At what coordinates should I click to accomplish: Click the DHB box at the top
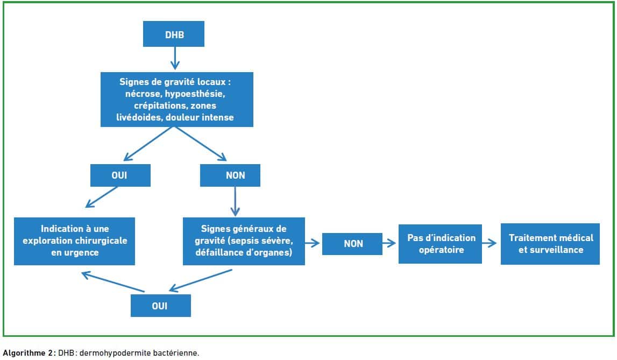tap(174, 34)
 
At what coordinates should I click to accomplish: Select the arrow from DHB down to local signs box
tap(175, 58)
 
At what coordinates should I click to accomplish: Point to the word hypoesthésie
tap(195, 94)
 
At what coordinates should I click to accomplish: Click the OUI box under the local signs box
tap(120, 175)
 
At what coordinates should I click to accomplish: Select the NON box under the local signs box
tap(230, 175)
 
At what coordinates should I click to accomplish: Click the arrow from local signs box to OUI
tap(148, 144)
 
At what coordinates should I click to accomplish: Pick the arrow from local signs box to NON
tap(201, 144)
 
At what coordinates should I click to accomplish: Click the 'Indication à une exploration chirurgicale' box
tap(74, 241)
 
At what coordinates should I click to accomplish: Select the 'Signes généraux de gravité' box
tap(244, 241)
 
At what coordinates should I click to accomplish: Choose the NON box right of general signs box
tap(352, 244)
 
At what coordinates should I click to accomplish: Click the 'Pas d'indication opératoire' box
tap(441, 244)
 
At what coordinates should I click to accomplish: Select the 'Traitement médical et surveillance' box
tap(550, 244)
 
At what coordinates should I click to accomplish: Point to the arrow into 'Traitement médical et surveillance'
tap(489, 244)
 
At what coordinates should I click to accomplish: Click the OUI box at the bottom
tap(160, 306)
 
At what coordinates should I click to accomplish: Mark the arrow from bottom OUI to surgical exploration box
tap(113, 281)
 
